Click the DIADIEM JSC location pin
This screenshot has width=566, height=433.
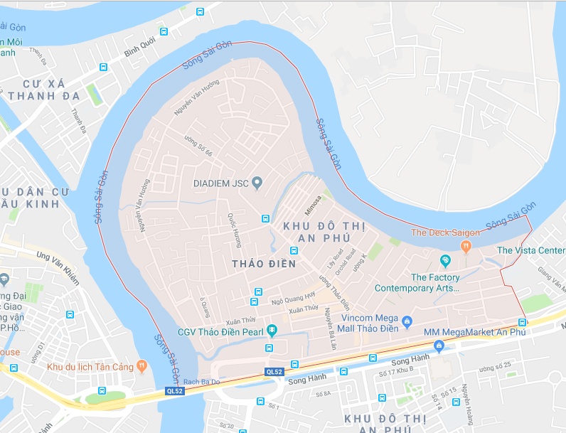coord(257,183)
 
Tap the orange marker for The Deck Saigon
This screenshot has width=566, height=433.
coord(466,247)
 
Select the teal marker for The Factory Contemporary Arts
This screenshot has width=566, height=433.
coord(445,261)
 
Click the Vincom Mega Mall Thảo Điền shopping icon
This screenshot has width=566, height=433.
coord(407,322)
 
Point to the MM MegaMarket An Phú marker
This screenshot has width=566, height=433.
coord(439,346)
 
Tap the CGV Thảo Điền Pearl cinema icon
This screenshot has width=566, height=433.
coord(272,330)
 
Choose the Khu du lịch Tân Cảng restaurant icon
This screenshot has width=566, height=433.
coord(142,366)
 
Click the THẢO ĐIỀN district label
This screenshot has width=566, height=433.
coord(259,264)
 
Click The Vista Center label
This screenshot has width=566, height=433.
coord(530,250)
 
